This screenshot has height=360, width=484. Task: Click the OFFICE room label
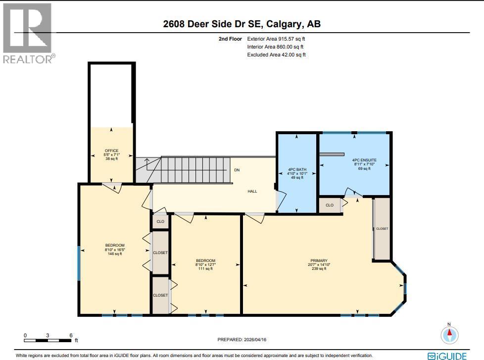[x=111, y=151]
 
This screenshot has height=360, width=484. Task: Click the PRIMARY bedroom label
[x=319, y=261]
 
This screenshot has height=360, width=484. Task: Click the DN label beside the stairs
[x=237, y=170]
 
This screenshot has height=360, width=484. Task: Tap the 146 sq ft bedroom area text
[x=114, y=254]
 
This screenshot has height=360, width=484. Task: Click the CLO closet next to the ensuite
[x=330, y=205]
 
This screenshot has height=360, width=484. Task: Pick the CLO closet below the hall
[x=160, y=221]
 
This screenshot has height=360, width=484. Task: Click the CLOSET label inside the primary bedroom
[x=382, y=229]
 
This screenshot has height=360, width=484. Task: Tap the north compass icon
[x=449, y=335]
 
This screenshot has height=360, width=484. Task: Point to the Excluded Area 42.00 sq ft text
[x=276, y=55]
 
